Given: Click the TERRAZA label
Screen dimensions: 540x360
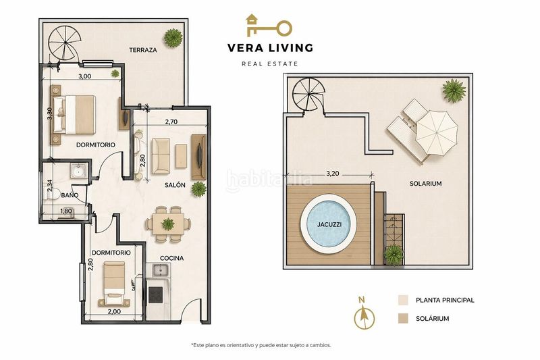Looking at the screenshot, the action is click(143, 50).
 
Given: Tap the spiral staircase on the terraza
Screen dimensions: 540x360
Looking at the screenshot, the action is click(65, 44).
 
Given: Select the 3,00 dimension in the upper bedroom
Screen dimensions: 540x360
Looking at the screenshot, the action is click(85, 76).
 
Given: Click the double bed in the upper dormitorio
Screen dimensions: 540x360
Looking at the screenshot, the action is click(74, 115).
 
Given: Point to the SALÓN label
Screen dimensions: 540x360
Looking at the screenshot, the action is click(175, 185).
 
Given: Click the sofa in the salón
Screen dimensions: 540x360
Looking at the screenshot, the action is click(161, 156).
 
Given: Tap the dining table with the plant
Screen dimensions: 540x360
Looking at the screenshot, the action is click(167, 224).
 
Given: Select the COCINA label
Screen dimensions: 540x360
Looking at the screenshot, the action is click(172, 258).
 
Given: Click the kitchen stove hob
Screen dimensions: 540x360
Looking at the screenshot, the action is click(156, 295).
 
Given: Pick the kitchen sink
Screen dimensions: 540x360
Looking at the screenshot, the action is click(160, 270).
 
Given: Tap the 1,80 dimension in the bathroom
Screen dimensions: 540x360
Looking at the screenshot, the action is click(66, 211).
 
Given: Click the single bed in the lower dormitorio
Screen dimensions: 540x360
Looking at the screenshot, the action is click(115, 283).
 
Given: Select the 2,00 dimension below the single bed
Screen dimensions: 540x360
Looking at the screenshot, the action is click(114, 311).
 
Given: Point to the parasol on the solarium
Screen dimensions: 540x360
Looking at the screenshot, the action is click(437, 132).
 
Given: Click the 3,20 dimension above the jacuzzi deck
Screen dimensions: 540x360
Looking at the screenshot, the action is click(333, 174).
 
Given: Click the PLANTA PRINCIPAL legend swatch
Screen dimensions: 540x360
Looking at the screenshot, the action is click(403, 300).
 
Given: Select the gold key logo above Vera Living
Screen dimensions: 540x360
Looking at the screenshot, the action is click(269, 26).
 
